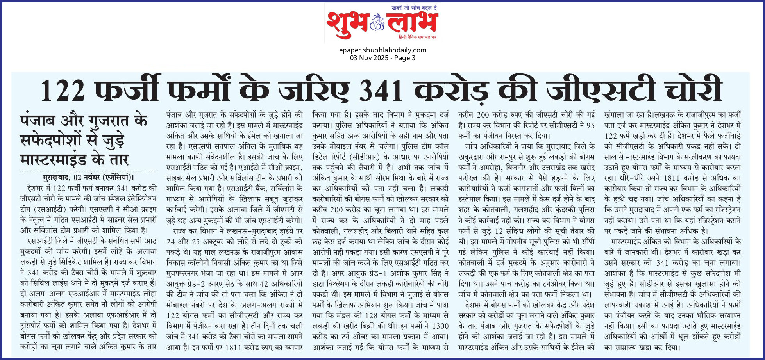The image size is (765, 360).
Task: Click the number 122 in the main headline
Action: pos(63,90)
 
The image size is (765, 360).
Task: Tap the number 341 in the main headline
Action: pos(381,90)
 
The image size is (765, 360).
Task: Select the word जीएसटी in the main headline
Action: pos(600,90)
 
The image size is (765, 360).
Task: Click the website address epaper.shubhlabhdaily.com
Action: pos(382,50)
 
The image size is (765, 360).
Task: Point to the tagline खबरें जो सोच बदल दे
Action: pos(414,8)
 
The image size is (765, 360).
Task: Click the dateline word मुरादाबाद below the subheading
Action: pos(56,177)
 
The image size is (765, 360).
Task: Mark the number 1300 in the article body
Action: pos(440,326)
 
